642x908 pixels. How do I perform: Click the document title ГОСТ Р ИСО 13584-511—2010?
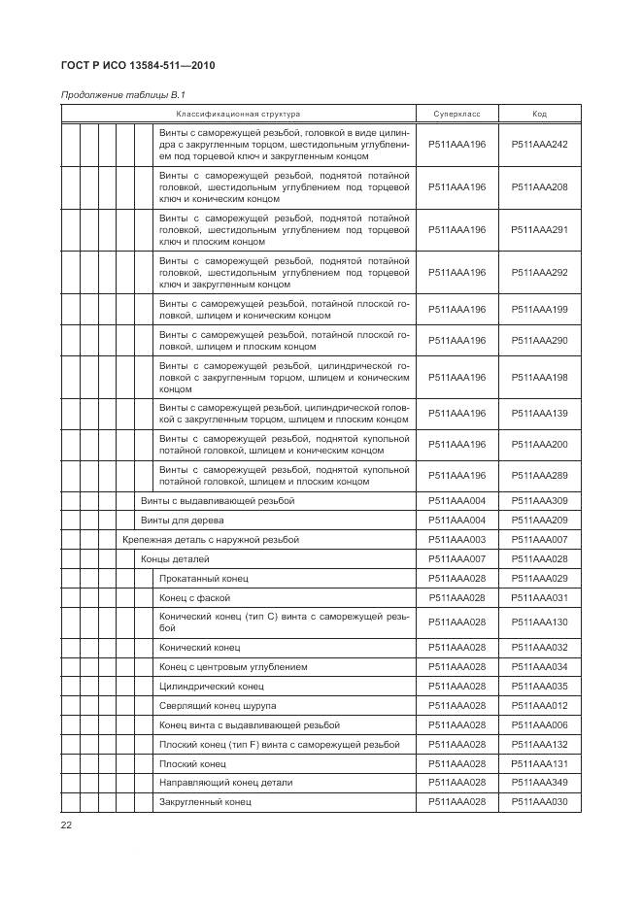coord(138,67)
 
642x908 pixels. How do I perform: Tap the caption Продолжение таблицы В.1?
coord(122,95)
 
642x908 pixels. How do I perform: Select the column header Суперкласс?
coord(456,115)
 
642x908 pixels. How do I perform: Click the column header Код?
coord(539,115)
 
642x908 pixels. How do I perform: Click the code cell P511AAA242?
coord(539,143)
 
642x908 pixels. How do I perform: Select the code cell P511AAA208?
coord(539,186)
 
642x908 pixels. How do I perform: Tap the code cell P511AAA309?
coord(539,501)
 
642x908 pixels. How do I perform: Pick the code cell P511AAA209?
coord(539,521)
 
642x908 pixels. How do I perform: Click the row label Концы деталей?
coord(175,559)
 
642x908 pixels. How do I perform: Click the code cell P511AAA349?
coord(539,783)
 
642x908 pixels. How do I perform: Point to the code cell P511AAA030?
coord(539,802)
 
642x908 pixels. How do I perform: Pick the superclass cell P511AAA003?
coord(456,540)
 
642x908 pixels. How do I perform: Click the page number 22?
coord(67,825)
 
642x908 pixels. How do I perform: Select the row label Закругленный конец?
coord(205,802)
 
